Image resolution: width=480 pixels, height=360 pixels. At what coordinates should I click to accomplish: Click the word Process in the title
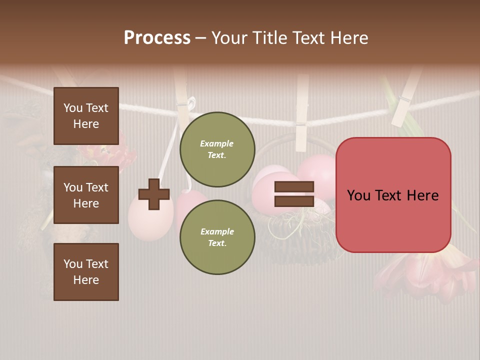(x=157, y=38)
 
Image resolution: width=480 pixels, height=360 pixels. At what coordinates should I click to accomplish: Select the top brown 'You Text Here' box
(x=86, y=116)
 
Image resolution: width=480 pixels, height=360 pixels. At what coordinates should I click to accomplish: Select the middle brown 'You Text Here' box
(x=86, y=195)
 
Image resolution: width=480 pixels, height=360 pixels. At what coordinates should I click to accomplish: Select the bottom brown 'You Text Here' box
(x=86, y=271)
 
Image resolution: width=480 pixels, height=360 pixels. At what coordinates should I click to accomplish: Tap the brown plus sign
(x=154, y=194)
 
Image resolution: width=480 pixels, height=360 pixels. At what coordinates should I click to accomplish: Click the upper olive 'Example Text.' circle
(x=217, y=149)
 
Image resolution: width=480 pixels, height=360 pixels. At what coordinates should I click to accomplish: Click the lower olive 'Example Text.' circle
(x=217, y=237)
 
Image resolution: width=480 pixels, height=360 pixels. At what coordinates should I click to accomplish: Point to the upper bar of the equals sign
(x=294, y=187)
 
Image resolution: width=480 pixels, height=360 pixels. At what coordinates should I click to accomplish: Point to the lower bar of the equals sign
(x=294, y=201)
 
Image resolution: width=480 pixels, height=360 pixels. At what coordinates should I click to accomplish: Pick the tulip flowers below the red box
(x=425, y=272)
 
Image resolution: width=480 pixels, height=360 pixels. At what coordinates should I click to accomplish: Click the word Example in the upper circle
(x=217, y=143)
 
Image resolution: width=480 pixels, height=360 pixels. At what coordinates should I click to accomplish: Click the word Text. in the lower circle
(x=217, y=243)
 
